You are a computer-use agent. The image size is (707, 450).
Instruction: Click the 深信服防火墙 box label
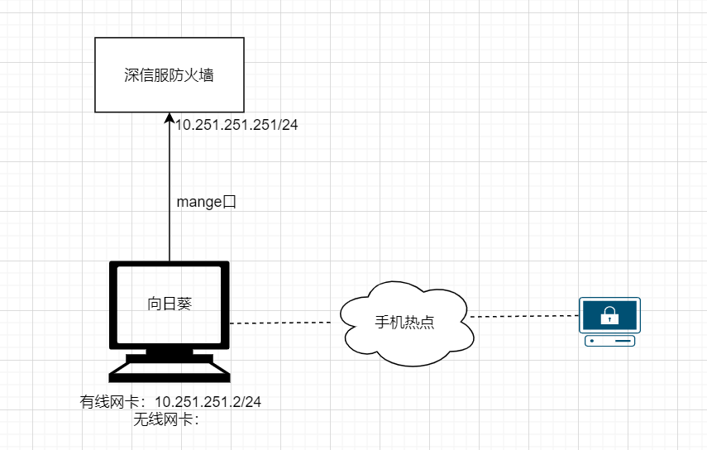pyautogui.click(x=169, y=74)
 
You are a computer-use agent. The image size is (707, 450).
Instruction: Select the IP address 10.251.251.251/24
pyautogui.click(x=236, y=125)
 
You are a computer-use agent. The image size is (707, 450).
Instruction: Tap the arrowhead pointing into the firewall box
pyautogui.click(x=170, y=117)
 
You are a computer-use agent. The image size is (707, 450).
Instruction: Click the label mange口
pyautogui.click(x=207, y=202)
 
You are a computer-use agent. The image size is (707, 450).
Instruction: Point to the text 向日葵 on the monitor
pyautogui.click(x=170, y=304)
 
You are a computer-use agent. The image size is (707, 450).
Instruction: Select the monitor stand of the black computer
pyautogui.click(x=170, y=356)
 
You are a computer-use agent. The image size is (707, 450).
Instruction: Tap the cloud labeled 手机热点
pyautogui.click(x=406, y=323)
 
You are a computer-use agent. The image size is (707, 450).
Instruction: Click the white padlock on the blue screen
pyautogui.click(x=609, y=316)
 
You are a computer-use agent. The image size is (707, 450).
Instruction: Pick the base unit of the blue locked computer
pyautogui.click(x=609, y=341)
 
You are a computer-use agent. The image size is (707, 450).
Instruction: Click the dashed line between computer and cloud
pyautogui.click(x=280, y=323)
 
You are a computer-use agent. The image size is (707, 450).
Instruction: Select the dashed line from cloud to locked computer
pyautogui.click(x=524, y=316)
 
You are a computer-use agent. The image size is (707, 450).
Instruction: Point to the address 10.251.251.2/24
pyautogui.click(x=208, y=402)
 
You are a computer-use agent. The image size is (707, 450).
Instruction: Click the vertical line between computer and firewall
pyautogui.click(x=170, y=187)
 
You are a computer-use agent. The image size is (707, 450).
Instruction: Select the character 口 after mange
pyautogui.click(x=230, y=202)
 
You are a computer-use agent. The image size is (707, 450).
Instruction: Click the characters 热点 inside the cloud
pyautogui.click(x=419, y=323)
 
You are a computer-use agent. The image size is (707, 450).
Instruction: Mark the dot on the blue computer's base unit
pyautogui.click(x=592, y=341)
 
